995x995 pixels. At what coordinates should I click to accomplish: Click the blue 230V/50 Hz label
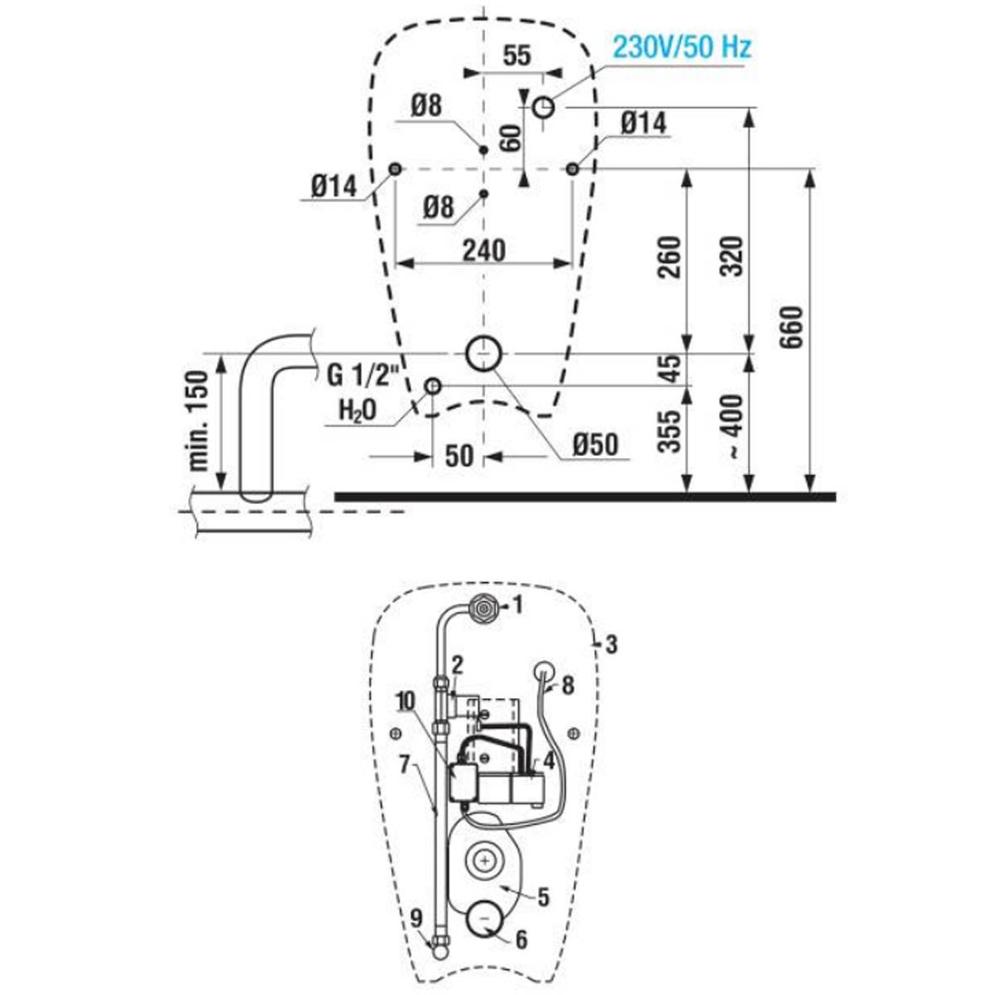coord(682,47)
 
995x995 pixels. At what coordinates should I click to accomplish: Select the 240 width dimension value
coord(483,251)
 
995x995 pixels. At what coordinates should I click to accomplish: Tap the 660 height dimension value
coord(792,328)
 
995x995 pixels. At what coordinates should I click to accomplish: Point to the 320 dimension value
coord(731,256)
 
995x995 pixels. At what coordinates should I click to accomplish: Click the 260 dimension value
coord(671,256)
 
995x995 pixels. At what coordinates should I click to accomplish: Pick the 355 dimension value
coord(671,432)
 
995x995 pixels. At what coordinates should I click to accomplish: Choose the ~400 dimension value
coord(733,427)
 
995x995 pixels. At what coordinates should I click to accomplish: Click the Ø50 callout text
coord(595,444)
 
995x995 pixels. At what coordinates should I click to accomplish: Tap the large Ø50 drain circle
coord(483,354)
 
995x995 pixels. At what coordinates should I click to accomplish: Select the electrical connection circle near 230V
coord(543,108)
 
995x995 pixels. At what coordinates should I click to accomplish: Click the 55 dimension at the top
coord(517,56)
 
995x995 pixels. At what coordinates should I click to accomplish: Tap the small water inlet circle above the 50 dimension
coord(432,386)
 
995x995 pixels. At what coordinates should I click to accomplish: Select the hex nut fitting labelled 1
coord(483,608)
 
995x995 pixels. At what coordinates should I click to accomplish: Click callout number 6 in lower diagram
coord(522,926)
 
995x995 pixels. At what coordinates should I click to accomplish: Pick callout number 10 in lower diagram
coord(405,701)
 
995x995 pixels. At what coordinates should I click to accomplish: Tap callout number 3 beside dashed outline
coord(611,644)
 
